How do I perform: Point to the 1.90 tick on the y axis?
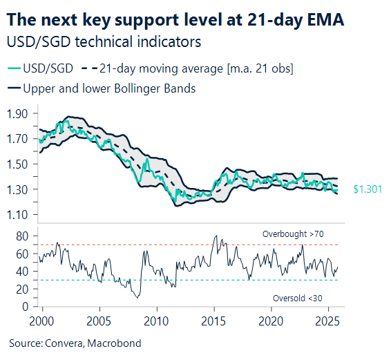point(20,114)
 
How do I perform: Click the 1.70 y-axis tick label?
point(20,139)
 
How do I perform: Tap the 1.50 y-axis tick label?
point(20,164)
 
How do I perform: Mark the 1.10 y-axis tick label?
point(20,215)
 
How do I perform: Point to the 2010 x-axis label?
point(157,321)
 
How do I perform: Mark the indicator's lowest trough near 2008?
point(138,298)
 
